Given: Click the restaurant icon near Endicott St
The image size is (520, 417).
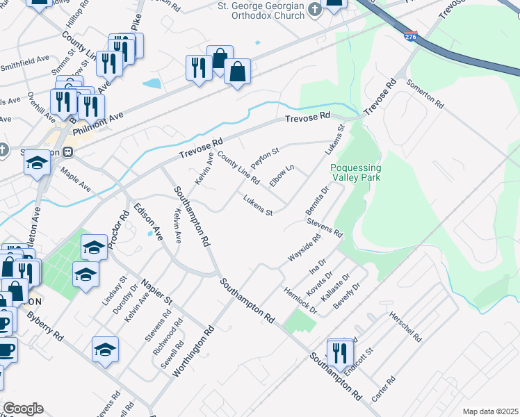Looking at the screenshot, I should tap(340, 353).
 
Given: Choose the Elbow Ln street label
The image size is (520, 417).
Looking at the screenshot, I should tap(282, 174).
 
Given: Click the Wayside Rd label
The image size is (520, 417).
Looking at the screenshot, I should tap(304, 249).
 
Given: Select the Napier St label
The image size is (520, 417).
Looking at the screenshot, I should tap(157, 291).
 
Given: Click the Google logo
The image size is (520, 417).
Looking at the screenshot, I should tap(23, 409).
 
